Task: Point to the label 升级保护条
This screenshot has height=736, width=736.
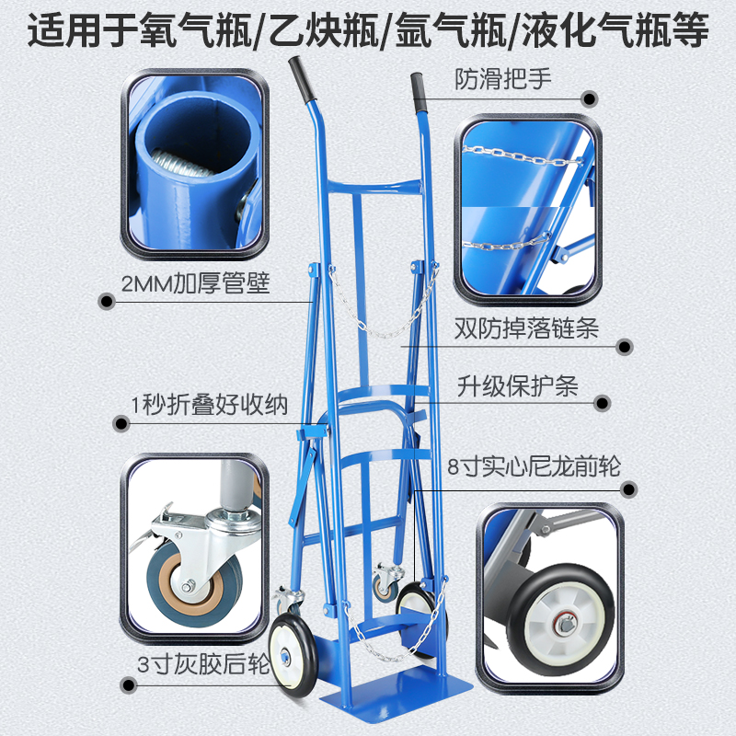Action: coord(517,385)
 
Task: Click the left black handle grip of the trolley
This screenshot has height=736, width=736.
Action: coord(299,73)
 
